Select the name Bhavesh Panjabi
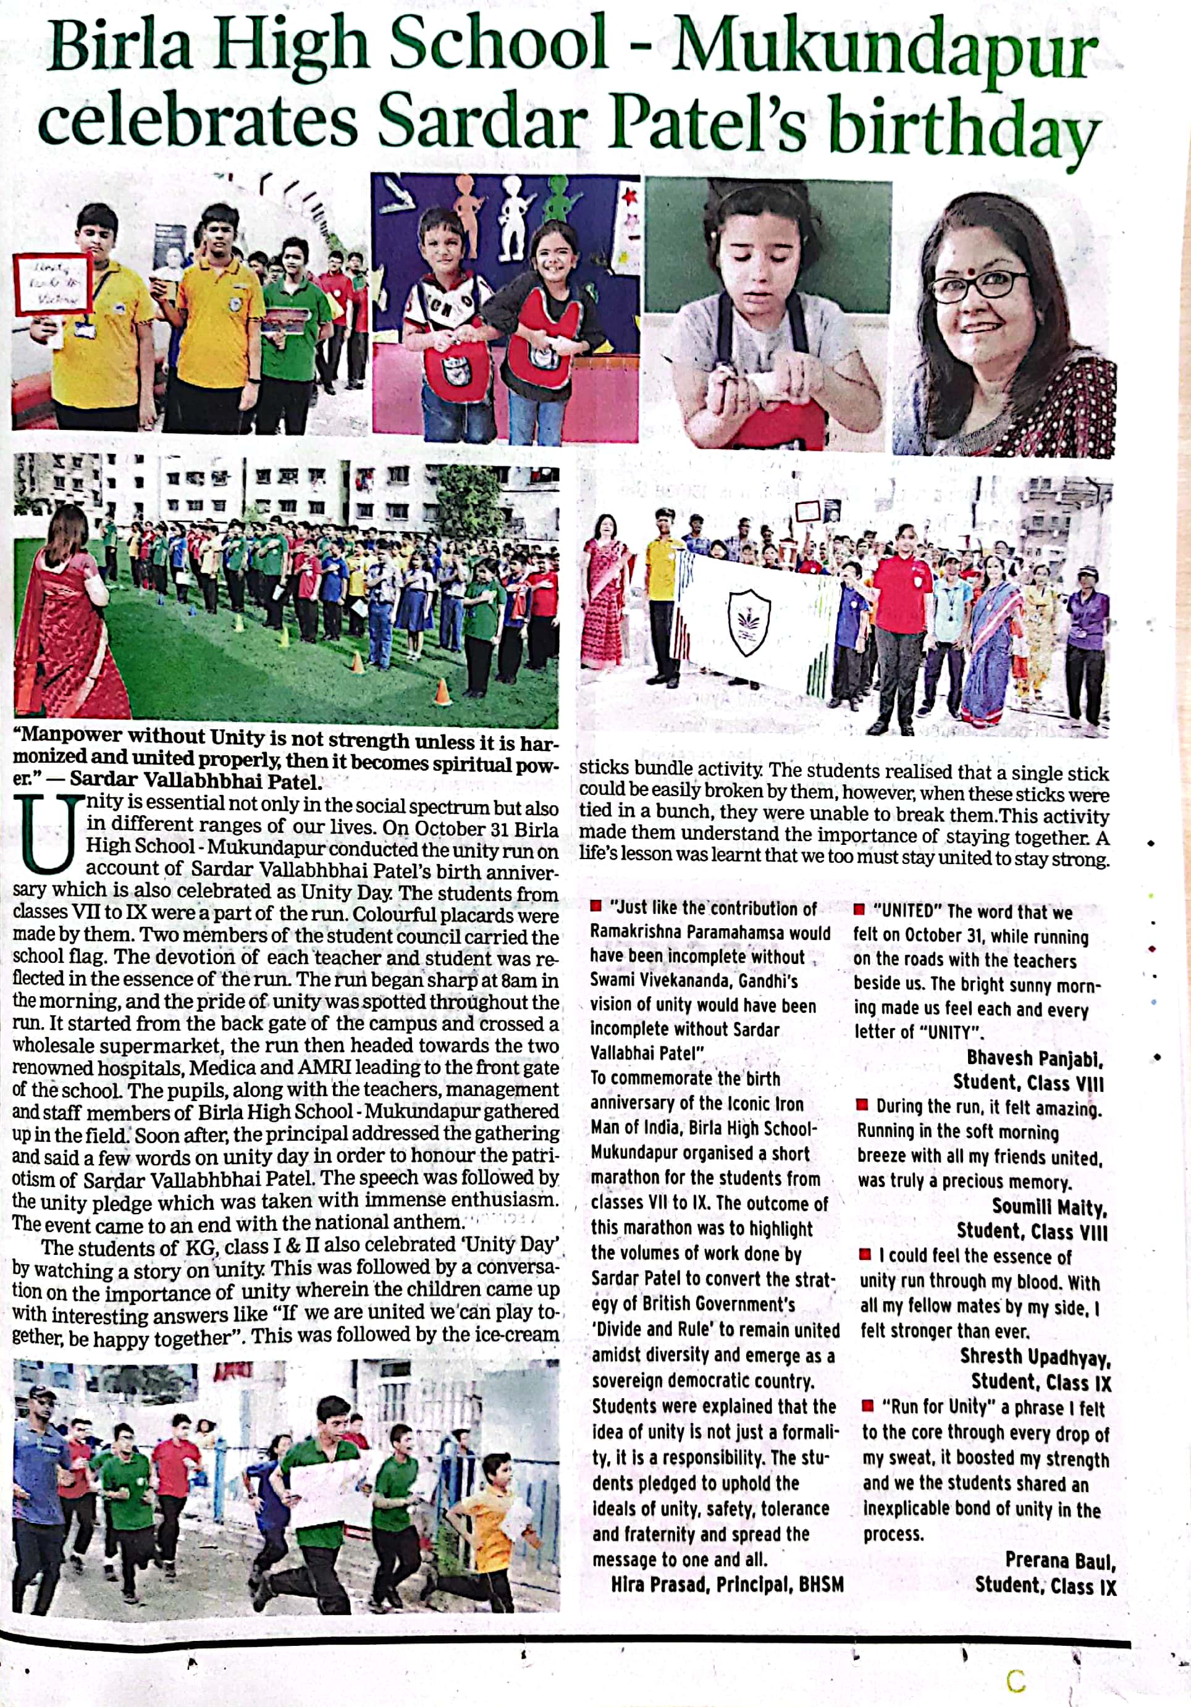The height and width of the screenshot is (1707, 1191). point(1034,1058)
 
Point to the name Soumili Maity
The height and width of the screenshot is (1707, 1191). point(1049,1207)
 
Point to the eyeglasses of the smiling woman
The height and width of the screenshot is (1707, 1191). point(980,285)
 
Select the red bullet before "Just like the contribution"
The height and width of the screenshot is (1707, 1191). point(595,906)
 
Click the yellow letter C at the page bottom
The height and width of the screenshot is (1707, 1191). point(1016,1679)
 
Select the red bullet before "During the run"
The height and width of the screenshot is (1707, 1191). point(862,1105)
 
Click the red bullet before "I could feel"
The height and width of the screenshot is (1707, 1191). point(865,1254)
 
